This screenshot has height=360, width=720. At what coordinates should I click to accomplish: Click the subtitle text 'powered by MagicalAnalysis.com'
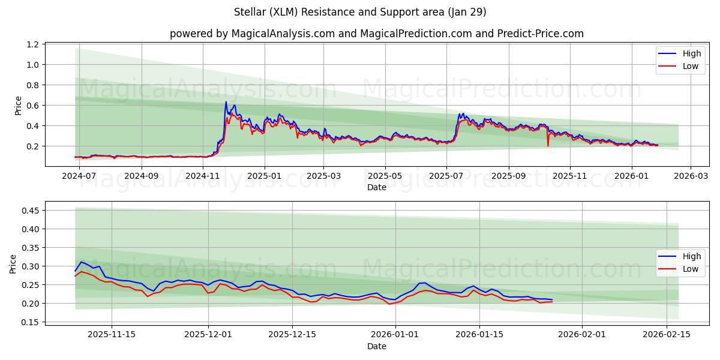coord(252,34)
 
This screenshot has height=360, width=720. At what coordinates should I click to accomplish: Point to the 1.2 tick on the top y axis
coord(34,44)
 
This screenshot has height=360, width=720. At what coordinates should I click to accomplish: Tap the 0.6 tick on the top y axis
coord(34,106)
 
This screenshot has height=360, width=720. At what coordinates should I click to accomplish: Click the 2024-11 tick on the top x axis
coord(203,176)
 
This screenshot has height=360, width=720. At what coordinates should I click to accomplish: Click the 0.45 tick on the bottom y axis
coord(31,211)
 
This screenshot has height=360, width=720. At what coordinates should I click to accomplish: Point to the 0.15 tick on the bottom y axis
coord(31,322)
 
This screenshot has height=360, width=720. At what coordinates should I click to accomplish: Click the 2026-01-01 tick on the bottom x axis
coord(395,334)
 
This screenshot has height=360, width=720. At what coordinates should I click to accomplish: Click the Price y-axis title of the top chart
coord(18,106)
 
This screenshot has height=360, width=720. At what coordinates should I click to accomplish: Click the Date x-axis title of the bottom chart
coord(376,346)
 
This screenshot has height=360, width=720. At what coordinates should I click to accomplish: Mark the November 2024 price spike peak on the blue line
coord(226,102)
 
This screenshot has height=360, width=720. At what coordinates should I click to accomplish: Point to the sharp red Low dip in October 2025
coord(548,145)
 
